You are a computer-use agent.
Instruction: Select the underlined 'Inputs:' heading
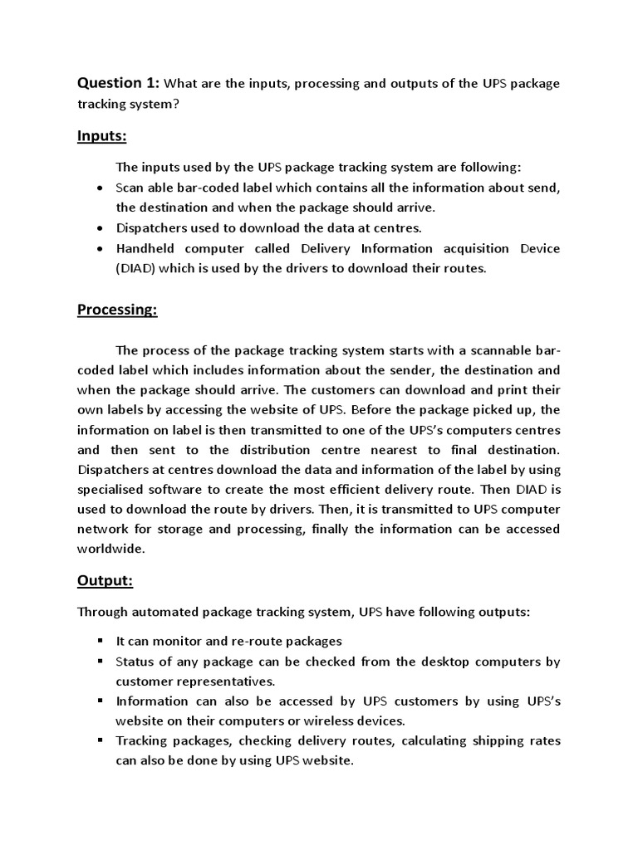pos(101,135)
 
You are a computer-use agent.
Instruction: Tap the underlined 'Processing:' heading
pos(117,310)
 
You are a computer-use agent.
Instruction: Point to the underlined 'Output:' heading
pos(105,581)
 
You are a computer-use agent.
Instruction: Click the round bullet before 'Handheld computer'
pos(100,248)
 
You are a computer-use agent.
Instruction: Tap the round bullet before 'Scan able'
pos(100,188)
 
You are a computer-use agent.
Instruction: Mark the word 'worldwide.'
pos(111,549)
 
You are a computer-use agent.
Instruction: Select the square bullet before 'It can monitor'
pos(100,640)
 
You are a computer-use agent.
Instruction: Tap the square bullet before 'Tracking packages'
pos(100,739)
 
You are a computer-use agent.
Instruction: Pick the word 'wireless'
pos(339,721)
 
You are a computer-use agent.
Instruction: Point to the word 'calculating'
pos(436,740)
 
